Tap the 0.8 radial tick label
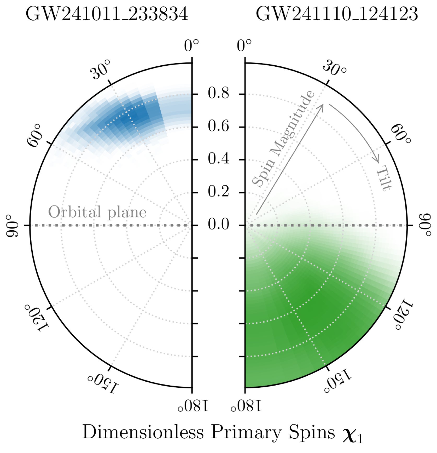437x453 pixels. click(218, 93)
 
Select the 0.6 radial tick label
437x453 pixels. click(218, 126)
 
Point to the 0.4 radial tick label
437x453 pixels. click(218, 159)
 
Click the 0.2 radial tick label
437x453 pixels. click(218, 192)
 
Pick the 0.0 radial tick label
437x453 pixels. click(218, 225)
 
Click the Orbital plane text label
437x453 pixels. click(97, 212)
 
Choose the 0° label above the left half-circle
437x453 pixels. click(191, 46)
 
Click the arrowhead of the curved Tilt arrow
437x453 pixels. click(377, 160)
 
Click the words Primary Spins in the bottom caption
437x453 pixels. click(273, 432)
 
